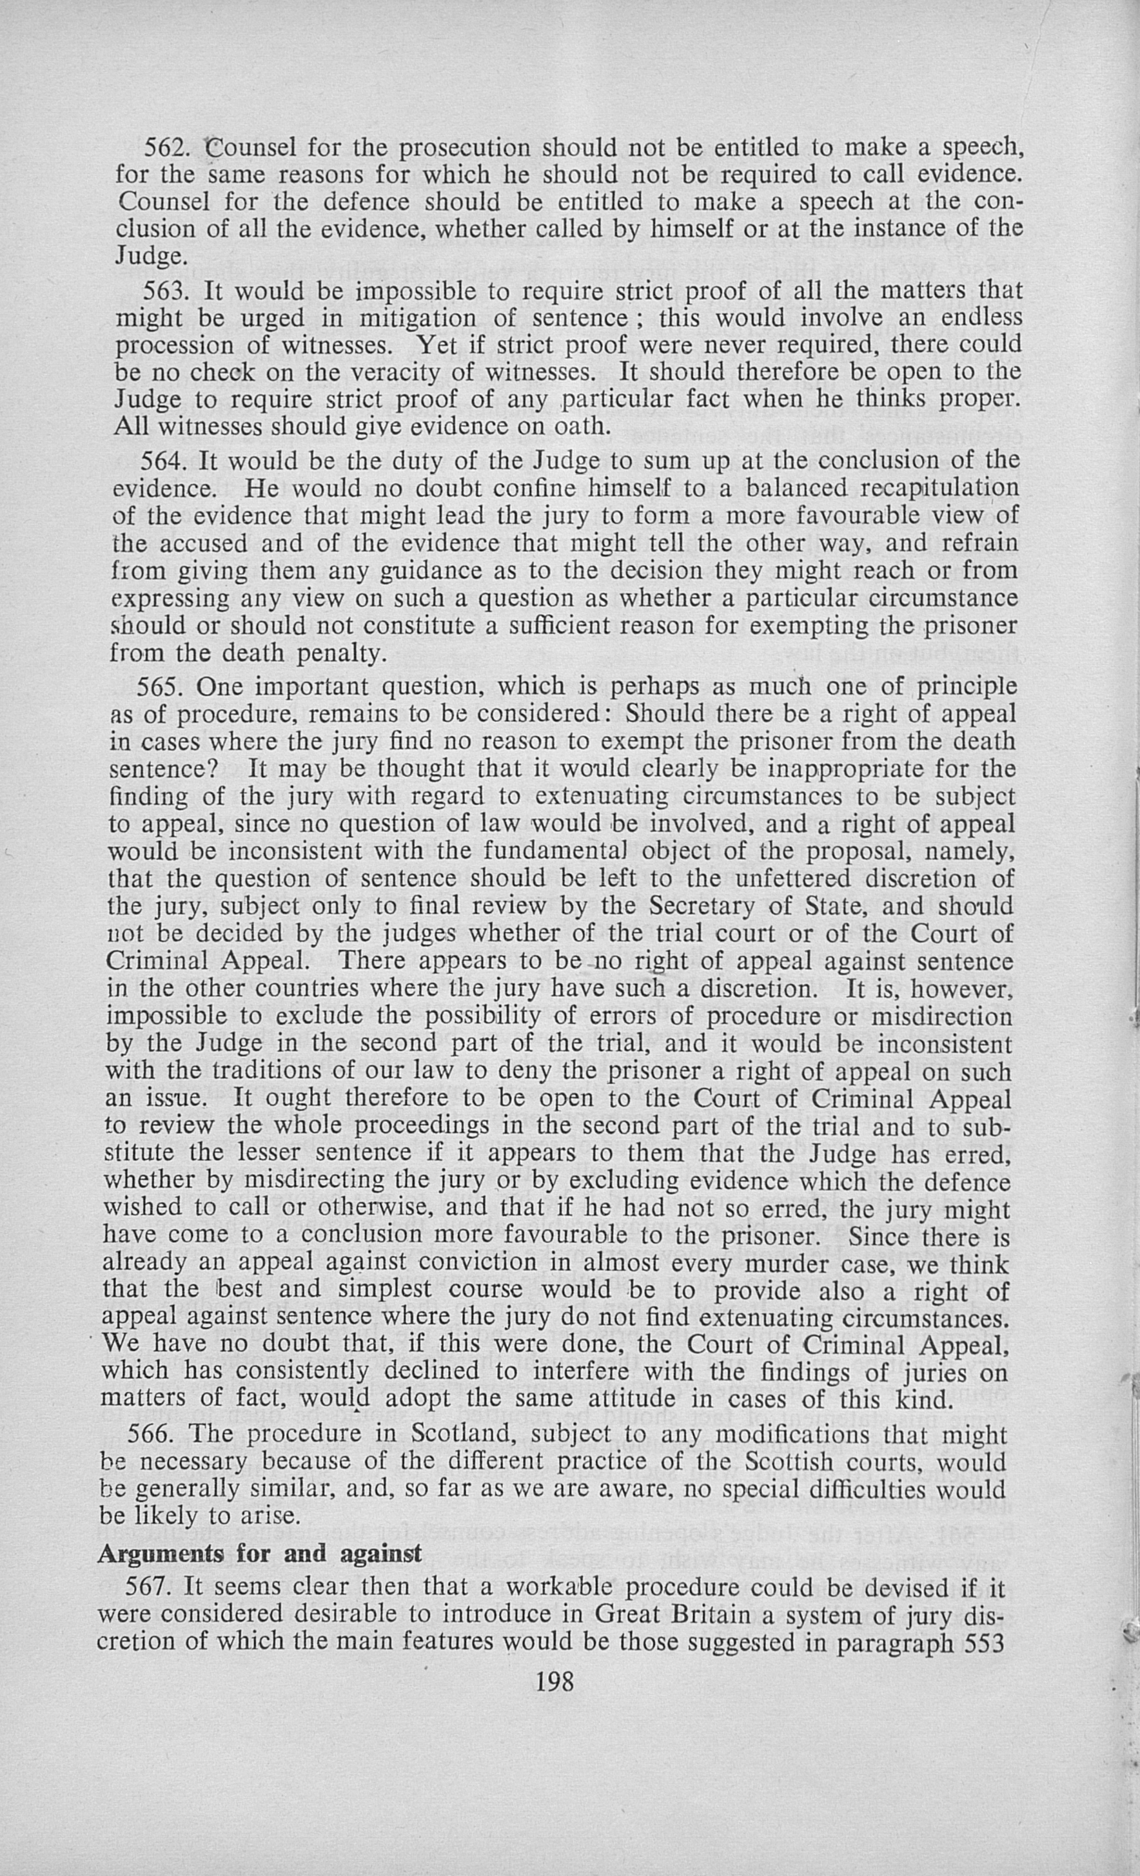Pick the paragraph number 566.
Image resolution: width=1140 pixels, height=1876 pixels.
pyautogui.click(x=151, y=1435)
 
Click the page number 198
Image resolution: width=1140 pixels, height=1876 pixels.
pyautogui.click(x=555, y=1681)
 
